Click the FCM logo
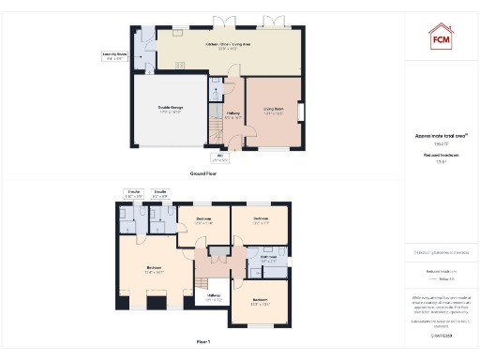click(x=441, y=37)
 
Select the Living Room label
click(x=273, y=110)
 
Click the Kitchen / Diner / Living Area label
click(x=221, y=46)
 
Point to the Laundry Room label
click(x=115, y=57)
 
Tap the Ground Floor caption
click(x=203, y=173)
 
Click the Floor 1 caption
click(x=203, y=341)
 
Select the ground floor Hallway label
click(x=233, y=114)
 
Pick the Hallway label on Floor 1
click(x=214, y=299)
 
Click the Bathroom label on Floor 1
click(x=267, y=259)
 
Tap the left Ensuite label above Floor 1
click(x=132, y=194)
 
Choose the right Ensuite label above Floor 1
click(x=160, y=194)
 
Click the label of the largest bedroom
click(x=154, y=270)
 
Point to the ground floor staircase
click(x=216, y=93)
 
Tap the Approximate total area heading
click(x=440, y=136)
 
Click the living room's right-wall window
click(x=303, y=111)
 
